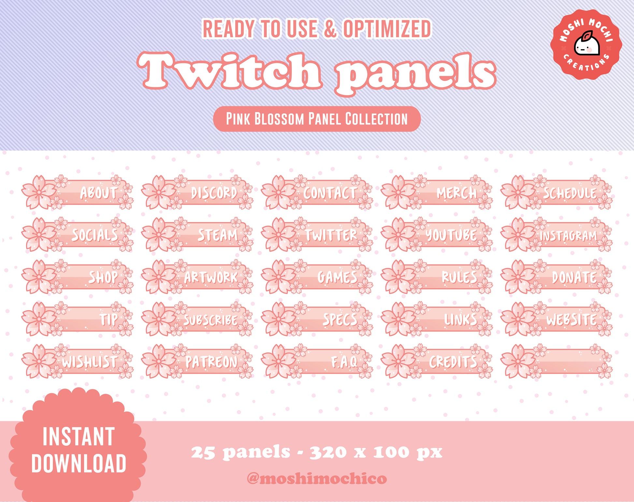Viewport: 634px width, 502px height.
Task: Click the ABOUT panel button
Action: (x=78, y=192)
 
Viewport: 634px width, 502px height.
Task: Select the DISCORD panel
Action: (x=197, y=192)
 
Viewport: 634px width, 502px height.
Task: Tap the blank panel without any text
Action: (x=557, y=361)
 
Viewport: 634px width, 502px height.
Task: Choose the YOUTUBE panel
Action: (x=437, y=235)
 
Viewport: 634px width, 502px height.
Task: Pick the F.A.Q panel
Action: (x=317, y=361)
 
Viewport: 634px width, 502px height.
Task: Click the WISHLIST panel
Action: (x=78, y=361)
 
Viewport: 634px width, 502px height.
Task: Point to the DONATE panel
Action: (x=557, y=277)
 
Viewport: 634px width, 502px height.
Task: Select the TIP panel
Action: (x=78, y=319)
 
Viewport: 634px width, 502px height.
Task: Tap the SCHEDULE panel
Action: (x=557, y=192)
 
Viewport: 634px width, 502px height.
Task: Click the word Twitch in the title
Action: (x=230, y=71)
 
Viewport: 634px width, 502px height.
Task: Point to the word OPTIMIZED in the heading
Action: (x=387, y=29)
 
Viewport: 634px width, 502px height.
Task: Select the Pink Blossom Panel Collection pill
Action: (x=317, y=119)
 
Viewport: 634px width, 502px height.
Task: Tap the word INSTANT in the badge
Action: (x=79, y=437)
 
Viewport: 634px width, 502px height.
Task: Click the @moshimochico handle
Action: (x=317, y=479)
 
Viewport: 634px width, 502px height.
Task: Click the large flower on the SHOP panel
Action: (x=39, y=277)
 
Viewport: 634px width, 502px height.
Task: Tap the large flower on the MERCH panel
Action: (x=398, y=192)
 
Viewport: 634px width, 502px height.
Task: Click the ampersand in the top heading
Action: (x=330, y=29)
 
